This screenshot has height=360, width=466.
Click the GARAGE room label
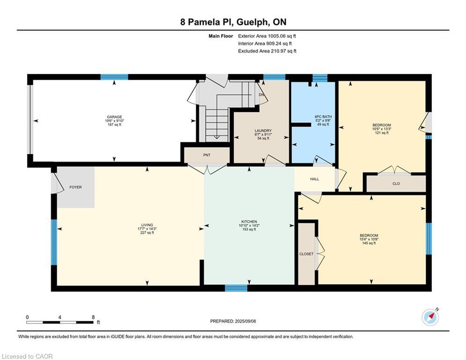[114, 117]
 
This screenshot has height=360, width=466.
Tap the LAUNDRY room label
[263, 131]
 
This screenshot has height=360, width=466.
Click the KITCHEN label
[249, 222]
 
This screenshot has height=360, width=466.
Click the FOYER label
[75, 187]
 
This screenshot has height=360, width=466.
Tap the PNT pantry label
[207, 154]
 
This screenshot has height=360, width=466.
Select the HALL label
[314, 179]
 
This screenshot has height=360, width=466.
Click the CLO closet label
[396, 184]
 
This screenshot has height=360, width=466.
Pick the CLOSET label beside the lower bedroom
[306, 254]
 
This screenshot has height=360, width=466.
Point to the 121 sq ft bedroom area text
[381, 133]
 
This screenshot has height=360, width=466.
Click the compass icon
[430, 317]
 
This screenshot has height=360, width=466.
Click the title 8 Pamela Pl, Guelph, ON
[233, 22]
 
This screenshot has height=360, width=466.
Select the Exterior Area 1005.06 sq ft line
[267, 36]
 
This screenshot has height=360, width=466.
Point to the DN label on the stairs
[261, 95]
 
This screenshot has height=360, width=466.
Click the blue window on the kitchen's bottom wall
[236, 288]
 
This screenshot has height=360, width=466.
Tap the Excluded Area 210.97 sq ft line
[267, 51]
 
